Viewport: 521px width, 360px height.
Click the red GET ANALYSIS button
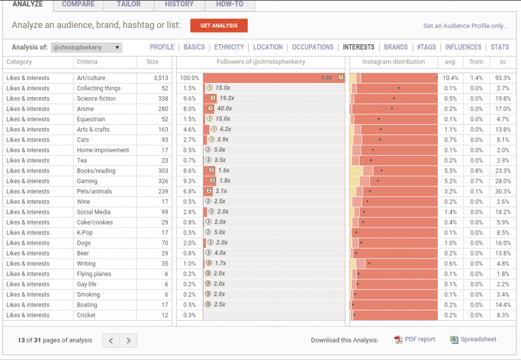[219, 25]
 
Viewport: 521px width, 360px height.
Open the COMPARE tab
[78, 4]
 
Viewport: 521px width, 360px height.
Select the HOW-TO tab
[229, 4]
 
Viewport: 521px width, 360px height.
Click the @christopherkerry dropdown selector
[86, 47]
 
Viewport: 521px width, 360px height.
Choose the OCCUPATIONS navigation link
[313, 47]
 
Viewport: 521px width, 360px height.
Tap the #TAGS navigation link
[426, 47]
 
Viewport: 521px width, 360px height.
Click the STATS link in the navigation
[500, 47]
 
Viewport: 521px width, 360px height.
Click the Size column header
[153, 62]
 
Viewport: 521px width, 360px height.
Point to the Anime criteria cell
[85, 109]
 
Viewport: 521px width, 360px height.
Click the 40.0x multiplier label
[224, 108]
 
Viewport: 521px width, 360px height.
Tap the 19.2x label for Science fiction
[227, 98]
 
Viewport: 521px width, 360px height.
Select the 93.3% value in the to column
[503, 78]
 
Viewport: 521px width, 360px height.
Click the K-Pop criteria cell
[85, 233]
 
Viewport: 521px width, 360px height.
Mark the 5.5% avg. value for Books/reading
[451, 171]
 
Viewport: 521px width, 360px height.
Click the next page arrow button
[129, 340]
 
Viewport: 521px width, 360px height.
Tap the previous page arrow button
[111, 340]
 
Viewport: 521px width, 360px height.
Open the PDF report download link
[415, 340]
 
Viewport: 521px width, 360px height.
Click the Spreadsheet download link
[473, 340]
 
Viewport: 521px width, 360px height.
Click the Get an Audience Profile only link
[466, 26]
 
